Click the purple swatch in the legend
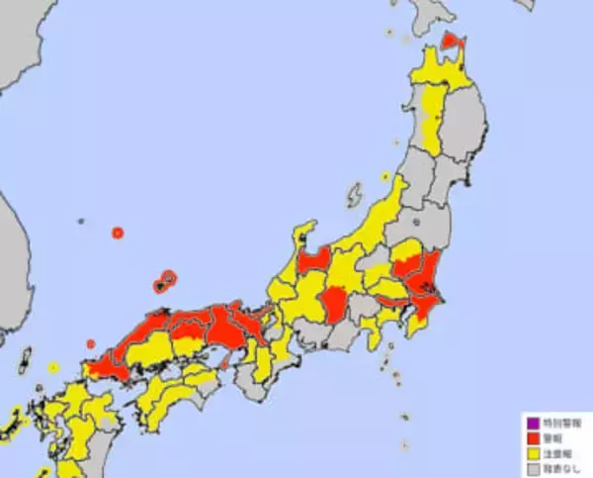point(532,423)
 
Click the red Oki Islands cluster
point(164,282)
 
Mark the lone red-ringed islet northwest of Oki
point(118,234)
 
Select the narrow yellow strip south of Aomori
point(432,114)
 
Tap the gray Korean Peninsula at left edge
point(12,257)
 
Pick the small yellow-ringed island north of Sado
point(385,178)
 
